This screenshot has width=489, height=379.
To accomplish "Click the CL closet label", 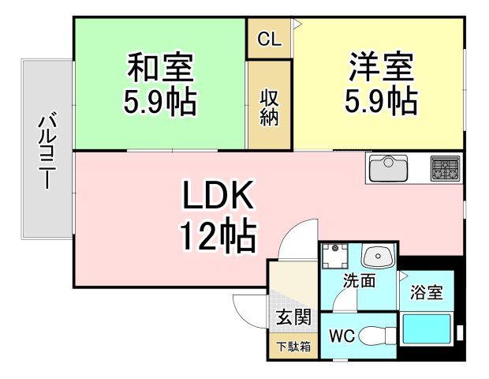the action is (270, 39).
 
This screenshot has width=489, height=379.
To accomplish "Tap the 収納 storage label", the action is (269, 108).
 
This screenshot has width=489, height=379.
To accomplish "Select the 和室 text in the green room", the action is (161, 67).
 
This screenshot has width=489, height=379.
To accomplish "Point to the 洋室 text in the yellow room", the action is (381, 67).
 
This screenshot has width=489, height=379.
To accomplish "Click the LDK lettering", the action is (218, 195).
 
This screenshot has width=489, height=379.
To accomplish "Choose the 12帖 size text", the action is (218, 235).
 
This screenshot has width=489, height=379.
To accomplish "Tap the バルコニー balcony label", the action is (47, 150).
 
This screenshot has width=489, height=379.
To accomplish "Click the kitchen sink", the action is (388, 168).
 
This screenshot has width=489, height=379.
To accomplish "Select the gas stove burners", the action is (446, 168).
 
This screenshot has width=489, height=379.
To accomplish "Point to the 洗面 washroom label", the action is (359, 280).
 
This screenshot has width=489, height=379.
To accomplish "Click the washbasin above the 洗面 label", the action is (378, 256).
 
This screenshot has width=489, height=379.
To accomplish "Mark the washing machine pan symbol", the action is (335, 256).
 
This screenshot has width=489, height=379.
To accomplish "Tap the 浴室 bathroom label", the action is (427, 292).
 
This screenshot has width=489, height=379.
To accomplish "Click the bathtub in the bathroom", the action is (427, 329).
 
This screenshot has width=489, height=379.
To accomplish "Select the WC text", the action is (342, 336).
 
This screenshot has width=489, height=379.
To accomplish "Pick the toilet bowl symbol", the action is (377, 336).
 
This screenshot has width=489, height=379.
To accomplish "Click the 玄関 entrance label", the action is (293, 317).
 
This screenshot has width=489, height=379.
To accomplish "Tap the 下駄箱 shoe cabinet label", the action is (293, 347).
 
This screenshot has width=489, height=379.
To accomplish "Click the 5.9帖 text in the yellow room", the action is (381, 102).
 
